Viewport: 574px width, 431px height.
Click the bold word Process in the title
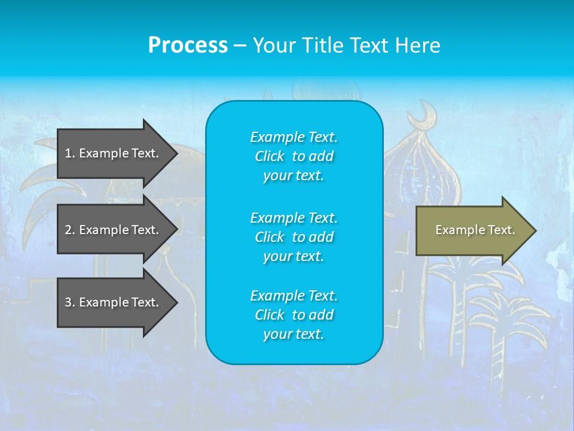coord(188,45)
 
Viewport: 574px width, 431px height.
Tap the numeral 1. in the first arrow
coord(69,153)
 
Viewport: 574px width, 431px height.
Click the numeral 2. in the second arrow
coord(69,230)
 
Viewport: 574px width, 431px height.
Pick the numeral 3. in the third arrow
coord(69,302)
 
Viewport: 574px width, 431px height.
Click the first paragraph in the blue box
coord(294,156)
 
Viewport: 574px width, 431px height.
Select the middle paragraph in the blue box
coord(294,236)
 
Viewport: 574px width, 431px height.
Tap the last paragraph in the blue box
coord(294,315)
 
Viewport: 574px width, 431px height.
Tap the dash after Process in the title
coord(240,46)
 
